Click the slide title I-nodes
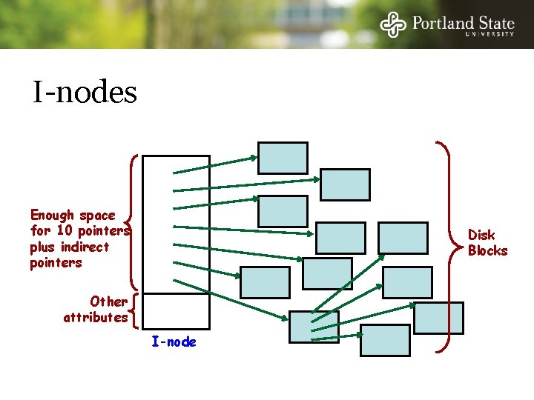85,93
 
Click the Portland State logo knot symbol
393,24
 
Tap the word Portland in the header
443,22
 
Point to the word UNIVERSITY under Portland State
489,34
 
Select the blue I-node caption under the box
174,341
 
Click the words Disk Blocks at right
487,243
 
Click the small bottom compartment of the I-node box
176,310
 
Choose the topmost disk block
283,158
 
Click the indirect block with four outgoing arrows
313,327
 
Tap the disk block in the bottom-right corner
438,318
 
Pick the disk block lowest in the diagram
385,341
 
